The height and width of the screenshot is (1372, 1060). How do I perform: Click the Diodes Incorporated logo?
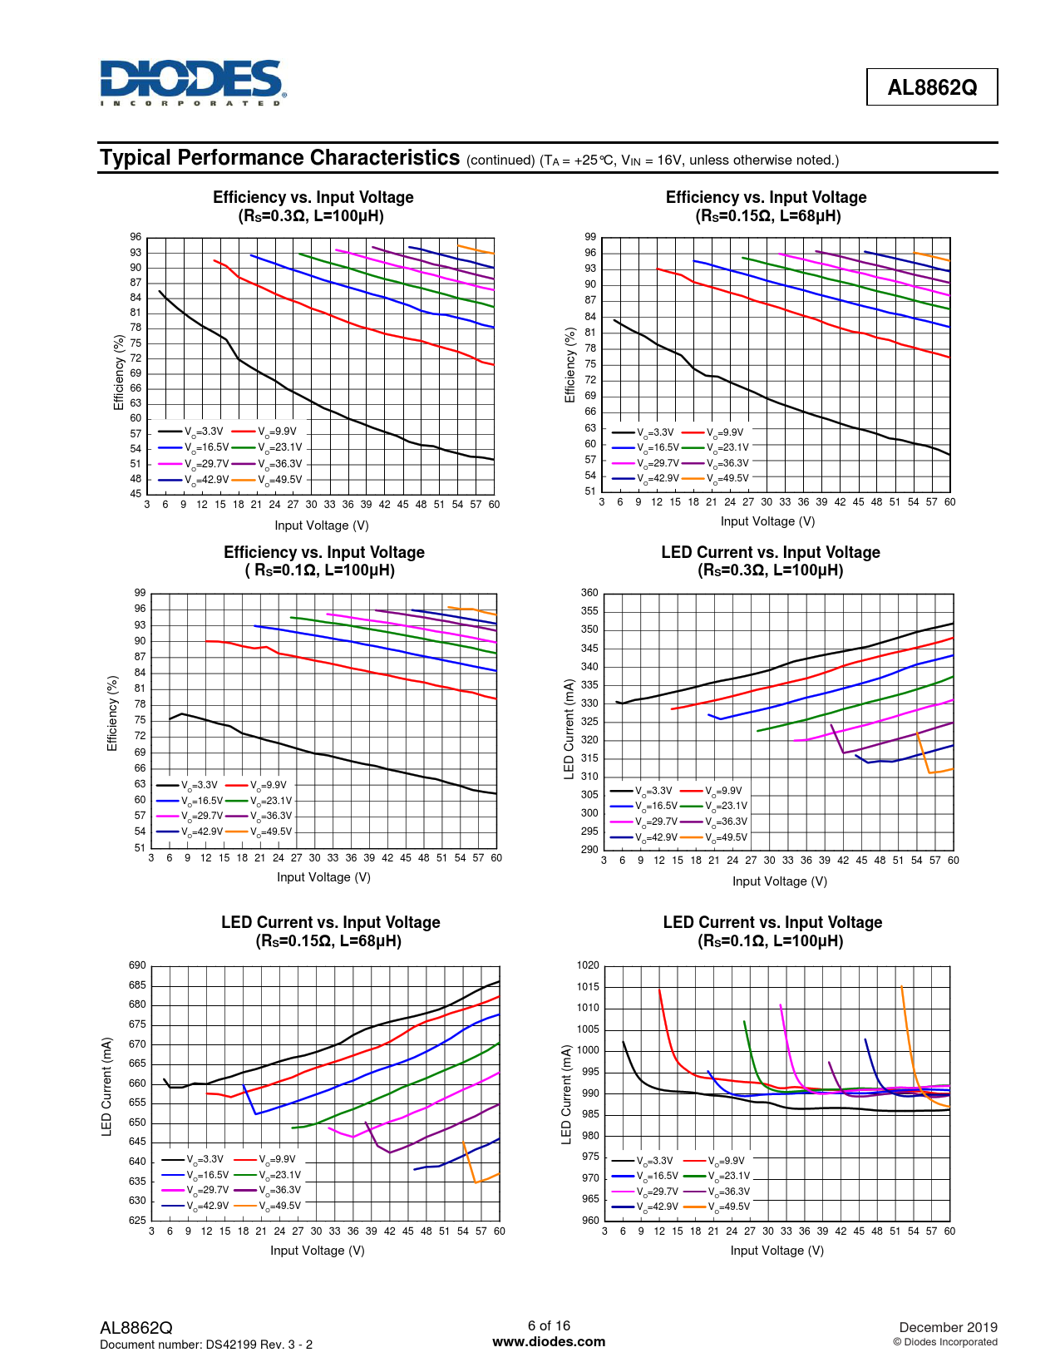click(192, 82)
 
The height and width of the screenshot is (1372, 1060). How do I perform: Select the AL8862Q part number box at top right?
click(931, 87)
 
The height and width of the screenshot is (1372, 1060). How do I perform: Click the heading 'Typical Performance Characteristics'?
click(279, 158)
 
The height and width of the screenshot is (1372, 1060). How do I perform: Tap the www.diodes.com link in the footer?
click(549, 1341)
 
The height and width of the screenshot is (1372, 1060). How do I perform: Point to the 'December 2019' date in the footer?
click(948, 1327)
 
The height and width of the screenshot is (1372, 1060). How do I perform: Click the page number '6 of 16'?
click(549, 1325)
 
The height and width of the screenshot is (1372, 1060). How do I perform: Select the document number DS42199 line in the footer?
click(206, 1345)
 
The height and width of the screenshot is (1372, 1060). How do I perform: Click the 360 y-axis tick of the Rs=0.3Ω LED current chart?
click(589, 593)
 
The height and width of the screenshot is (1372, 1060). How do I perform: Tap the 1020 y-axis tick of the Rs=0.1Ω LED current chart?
click(588, 965)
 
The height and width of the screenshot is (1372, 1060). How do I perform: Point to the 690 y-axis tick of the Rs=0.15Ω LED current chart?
click(137, 965)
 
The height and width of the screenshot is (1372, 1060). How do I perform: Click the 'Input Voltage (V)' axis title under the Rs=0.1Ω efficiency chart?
click(323, 877)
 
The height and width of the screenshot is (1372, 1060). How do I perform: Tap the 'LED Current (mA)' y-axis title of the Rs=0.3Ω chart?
click(569, 729)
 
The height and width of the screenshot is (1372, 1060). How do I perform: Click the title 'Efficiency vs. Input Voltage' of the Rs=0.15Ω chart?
click(766, 197)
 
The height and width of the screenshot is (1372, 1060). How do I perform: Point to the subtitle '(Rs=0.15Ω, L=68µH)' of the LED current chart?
click(328, 941)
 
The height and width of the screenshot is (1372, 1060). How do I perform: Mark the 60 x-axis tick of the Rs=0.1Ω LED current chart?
click(949, 1231)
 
